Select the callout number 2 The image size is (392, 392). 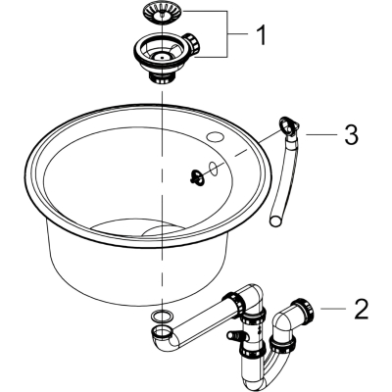(361, 309)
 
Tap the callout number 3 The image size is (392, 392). (351, 134)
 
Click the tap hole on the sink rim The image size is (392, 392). (215, 136)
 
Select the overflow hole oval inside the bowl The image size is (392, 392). (213, 168)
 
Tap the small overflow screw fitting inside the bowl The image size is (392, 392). (196, 176)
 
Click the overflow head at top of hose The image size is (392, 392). (289, 125)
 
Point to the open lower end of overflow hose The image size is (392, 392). (275, 220)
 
